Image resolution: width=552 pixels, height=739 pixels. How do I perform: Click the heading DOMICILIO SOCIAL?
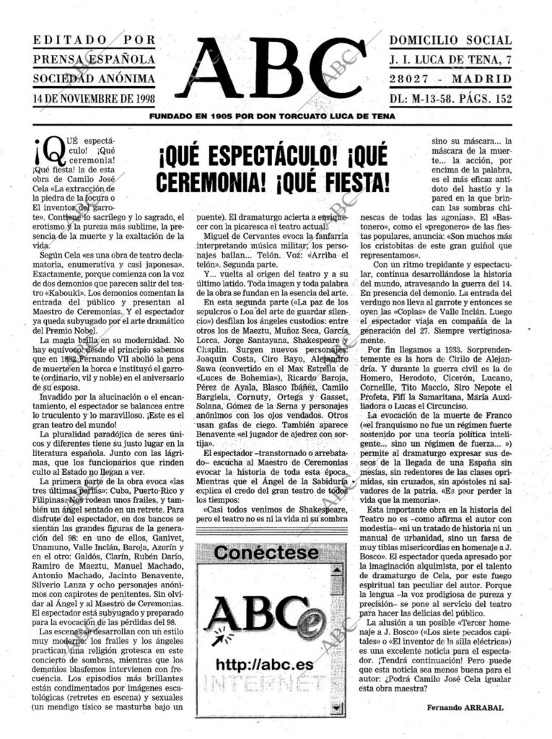(450, 40)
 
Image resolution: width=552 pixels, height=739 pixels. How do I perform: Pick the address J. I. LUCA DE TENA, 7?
(450, 59)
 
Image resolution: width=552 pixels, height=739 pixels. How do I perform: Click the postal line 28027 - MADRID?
(450, 79)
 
